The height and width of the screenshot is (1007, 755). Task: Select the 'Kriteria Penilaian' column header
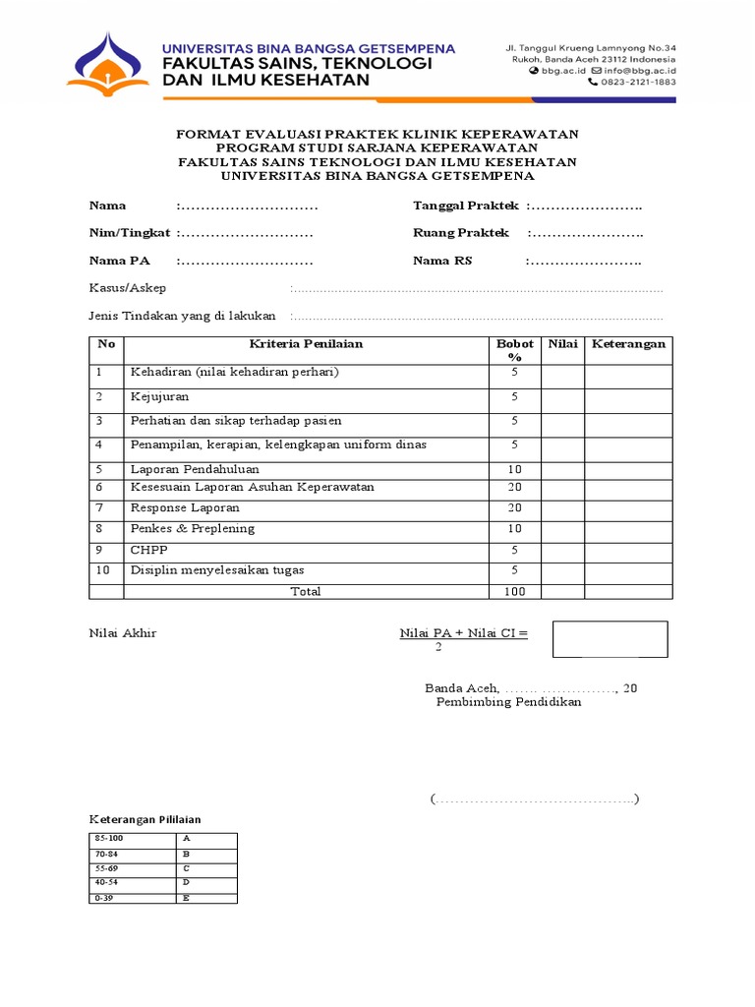point(306,344)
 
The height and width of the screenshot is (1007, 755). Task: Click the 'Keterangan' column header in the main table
point(628,344)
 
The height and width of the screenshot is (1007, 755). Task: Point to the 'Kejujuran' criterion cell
point(162,397)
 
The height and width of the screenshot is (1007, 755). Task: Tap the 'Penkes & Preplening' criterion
point(193,529)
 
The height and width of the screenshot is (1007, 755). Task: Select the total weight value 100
point(513,591)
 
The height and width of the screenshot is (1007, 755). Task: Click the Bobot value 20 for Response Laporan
point(513,508)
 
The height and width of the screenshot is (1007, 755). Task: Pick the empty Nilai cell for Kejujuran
point(562,399)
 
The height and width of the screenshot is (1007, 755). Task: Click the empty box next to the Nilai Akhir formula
point(610,639)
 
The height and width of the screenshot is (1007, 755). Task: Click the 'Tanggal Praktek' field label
point(465,206)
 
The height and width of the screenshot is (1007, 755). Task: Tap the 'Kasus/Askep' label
point(128,288)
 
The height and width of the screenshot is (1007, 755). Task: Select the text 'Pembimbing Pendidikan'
point(508,702)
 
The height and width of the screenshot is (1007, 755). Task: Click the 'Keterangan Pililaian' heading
point(145,819)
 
